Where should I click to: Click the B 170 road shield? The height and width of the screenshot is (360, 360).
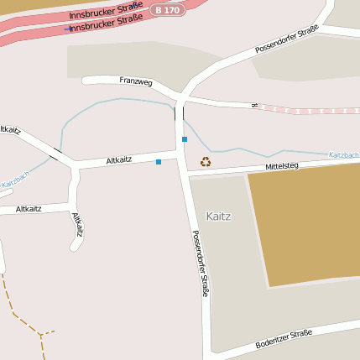(167, 10)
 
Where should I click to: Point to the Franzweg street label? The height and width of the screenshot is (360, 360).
(136, 81)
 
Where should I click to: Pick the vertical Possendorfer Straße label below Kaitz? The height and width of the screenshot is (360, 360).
(201, 264)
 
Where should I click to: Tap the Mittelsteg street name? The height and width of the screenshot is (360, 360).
(282, 166)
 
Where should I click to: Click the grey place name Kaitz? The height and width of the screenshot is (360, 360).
(218, 216)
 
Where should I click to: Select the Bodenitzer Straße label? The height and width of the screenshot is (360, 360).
(284, 339)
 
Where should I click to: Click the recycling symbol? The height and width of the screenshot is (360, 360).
(205, 161)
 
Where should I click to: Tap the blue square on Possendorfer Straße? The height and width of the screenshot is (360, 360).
(184, 139)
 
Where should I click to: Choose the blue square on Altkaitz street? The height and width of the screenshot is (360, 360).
(158, 161)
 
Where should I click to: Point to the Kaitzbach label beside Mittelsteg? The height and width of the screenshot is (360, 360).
(343, 155)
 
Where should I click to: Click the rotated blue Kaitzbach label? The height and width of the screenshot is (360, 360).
(15, 180)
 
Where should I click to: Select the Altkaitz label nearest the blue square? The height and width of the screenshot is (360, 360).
(119, 159)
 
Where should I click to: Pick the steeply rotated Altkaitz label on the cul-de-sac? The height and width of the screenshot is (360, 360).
(78, 224)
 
